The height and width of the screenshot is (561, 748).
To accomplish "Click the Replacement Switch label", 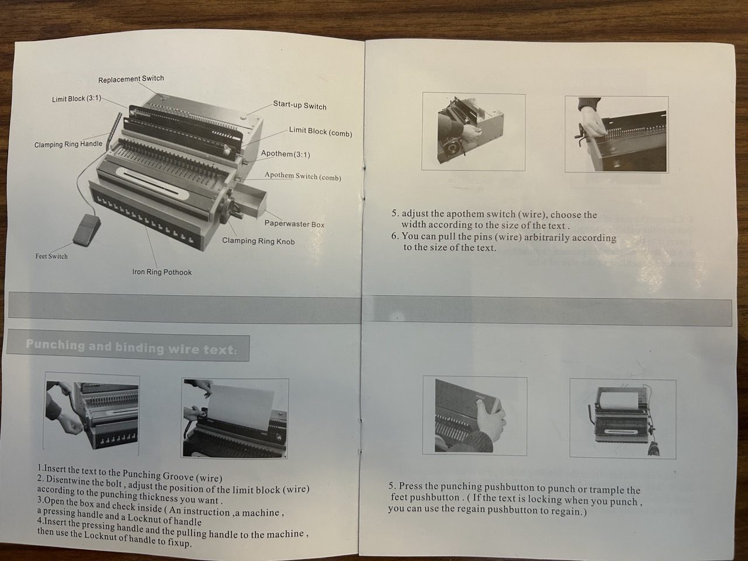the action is coord(131,79).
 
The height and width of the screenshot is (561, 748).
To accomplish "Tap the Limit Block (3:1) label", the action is coord(77,99).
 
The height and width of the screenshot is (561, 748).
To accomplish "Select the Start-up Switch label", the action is coord(300,105).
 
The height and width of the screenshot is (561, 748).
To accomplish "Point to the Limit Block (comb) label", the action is coord(320,132).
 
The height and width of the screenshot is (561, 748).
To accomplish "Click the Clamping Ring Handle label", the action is coord(68,144).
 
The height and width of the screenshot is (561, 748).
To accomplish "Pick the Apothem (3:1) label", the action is coord(286,154).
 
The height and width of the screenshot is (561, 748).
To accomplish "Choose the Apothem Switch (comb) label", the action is coord(303,176).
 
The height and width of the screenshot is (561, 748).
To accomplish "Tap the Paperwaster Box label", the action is coord(295,224).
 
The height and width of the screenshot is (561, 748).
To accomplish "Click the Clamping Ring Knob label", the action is coord(258,241).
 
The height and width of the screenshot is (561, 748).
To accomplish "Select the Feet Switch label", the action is coord(51,256).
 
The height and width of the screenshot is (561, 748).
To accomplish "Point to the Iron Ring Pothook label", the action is coord(162,272).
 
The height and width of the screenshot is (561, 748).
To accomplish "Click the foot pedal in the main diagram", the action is coord(87,230).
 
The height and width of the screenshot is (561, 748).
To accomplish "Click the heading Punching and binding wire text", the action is coord(131,347).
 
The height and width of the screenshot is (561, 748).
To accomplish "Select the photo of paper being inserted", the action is coord(235,418).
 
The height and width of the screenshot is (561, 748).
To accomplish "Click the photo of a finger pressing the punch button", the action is coord(475,415).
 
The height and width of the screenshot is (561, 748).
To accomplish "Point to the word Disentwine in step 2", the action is coord(66,480).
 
